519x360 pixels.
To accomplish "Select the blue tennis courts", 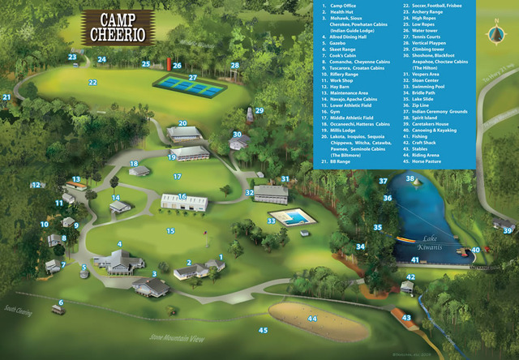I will click(x=187, y=84).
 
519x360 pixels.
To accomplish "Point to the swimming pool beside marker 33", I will click(x=288, y=218).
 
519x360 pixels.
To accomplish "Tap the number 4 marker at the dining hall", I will click(x=119, y=244).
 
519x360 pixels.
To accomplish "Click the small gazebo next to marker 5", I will click(x=84, y=274).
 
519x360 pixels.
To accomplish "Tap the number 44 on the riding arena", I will click(x=312, y=319).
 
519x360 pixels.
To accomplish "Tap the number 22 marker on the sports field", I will click(x=92, y=82).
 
